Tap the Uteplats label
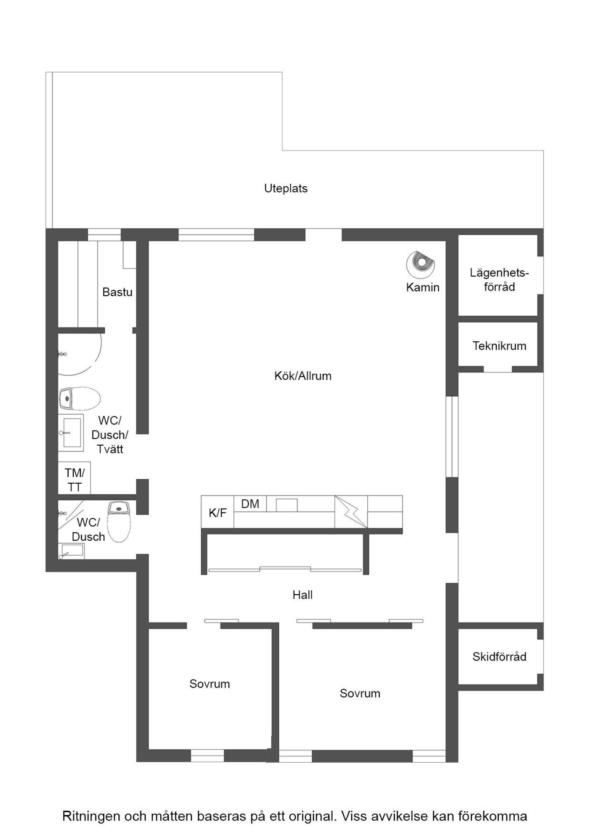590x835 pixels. pos(286,189)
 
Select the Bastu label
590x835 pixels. pos(117,292)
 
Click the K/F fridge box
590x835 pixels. pos(218,513)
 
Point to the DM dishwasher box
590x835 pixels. pos(250,504)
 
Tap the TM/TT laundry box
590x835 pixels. pos(74,480)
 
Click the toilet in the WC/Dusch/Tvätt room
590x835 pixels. pos(79,398)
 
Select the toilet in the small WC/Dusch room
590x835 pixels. pos(119,521)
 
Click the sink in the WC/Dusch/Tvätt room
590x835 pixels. pos(71,432)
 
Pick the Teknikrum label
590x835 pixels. pos(499,346)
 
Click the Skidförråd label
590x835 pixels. pos(499,657)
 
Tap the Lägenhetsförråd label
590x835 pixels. pos(499,280)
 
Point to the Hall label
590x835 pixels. pos(302,595)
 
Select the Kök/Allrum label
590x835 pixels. pos(303,376)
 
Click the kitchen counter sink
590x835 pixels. pos(287,505)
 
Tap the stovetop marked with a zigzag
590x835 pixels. pos(351,511)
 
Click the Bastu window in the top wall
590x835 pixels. pos(104,235)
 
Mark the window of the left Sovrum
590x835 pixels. pos(207,756)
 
